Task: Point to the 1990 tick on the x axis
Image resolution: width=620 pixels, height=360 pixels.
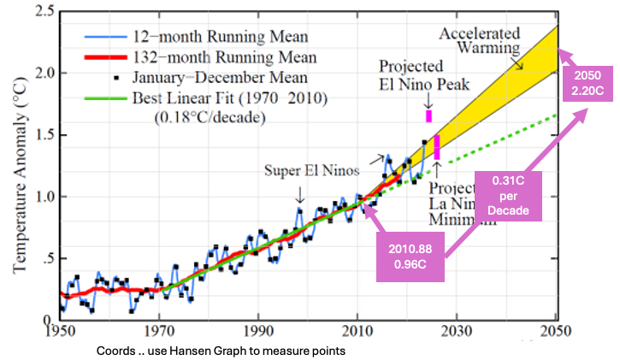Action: coord(257,333)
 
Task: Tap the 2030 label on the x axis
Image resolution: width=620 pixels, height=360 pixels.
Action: coord(458,333)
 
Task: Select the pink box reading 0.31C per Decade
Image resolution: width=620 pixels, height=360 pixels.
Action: coord(508,195)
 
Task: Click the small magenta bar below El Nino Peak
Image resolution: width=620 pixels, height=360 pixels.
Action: coord(428,115)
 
